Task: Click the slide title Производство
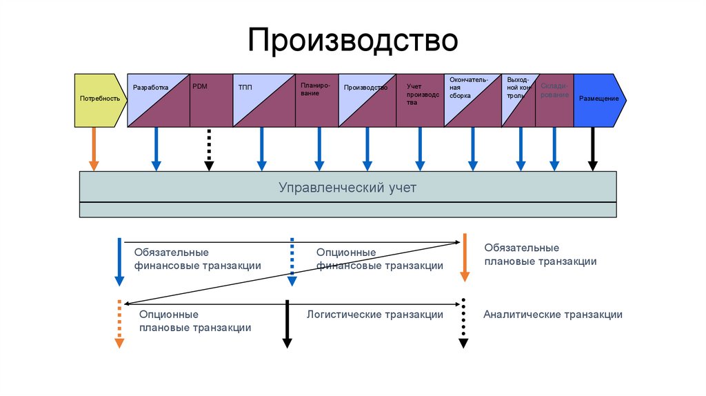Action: pyautogui.click(x=352, y=40)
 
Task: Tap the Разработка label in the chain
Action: pyautogui.click(x=150, y=88)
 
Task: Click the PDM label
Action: pyautogui.click(x=200, y=86)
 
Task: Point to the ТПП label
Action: pyautogui.click(x=245, y=88)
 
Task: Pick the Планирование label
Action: pyautogui.click(x=315, y=89)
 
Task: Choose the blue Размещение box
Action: pyautogui.click(x=598, y=99)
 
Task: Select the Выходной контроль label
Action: pyautogui.click(x=518, y=88)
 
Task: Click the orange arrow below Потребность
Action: pyautogui.click(x=94, y=149)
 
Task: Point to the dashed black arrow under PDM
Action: pyautogui.click(x=209, y=149)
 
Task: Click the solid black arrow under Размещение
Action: pyautogui.click(x=592, y=149)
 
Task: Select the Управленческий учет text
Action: pyautogui.click(x=347, y=188)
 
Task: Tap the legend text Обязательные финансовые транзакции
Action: pyautogui.click(x=197, y=259)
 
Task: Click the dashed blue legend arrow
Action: pyautogui.click(x=292, y=261)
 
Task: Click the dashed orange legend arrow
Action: pyautogui.click(x=119, y=324)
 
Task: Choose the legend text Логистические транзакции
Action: pyautogui.click(x=374, y=315)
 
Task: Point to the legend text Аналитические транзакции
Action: pyautogui.click(x=552, y=315)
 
